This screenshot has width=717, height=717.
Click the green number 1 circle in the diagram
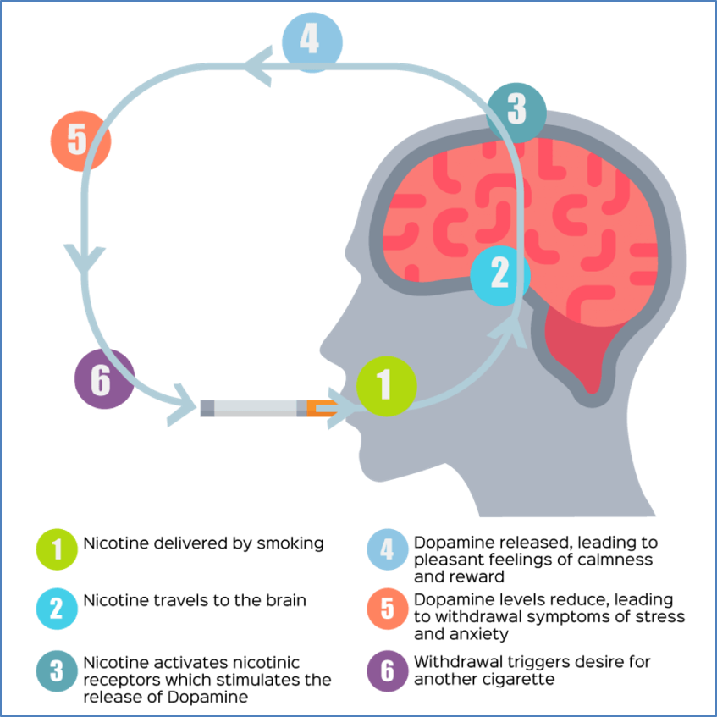tap(386, 386)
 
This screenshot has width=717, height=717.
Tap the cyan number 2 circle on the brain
tap(500, 275)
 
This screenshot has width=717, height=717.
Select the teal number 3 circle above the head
tap(516, 113)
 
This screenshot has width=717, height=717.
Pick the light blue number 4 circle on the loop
tap(312, 42)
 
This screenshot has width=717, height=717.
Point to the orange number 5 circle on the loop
tap(80, 141)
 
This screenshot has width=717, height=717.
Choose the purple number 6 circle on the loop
tap(105, 378)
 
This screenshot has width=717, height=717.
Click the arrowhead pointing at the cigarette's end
tap(183, 405)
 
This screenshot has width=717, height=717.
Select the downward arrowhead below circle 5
tap(85, 258)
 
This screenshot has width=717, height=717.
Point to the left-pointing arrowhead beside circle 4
tap(259, 66)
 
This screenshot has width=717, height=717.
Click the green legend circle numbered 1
tap(57, 549)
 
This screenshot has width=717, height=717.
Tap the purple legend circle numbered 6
tap(388, 670)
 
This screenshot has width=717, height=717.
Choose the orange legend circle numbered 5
tap(388, 609)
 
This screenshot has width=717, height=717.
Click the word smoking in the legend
tap(290, 543)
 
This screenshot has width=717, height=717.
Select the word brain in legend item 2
tap(286, 600)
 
